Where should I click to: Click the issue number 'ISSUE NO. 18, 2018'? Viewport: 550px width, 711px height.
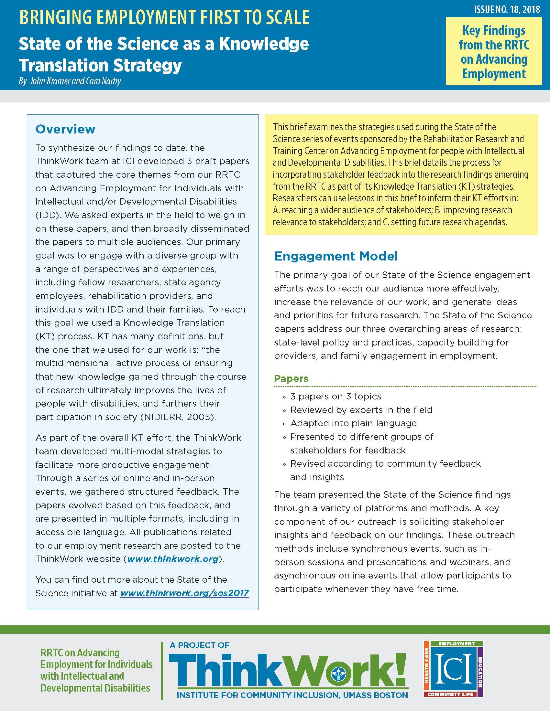coord(507,9)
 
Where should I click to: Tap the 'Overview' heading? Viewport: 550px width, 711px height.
coord(65,129)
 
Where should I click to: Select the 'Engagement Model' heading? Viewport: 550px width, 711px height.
coord(336,256)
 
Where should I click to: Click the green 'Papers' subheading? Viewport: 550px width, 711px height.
coord(291,379)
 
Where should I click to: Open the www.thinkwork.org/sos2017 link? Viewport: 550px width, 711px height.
coord(184,593)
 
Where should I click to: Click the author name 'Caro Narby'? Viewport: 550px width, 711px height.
coord(103,81)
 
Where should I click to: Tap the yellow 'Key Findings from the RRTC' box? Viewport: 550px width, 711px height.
coord(494,51)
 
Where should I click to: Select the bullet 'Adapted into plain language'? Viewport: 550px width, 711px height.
coord(353,423)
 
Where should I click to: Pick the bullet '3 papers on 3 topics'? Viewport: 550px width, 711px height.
coord(335,397)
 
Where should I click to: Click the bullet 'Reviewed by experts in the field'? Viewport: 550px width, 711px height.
coord(361,410)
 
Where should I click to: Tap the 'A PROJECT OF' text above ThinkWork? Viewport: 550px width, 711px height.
coord(199,645)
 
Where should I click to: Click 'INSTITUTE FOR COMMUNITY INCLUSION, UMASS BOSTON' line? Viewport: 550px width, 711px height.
coord(292,695)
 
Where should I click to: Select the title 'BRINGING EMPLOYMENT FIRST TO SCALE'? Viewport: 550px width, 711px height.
coord(165,17)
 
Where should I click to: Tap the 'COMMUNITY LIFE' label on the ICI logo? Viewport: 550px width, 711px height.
coord(450,695)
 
